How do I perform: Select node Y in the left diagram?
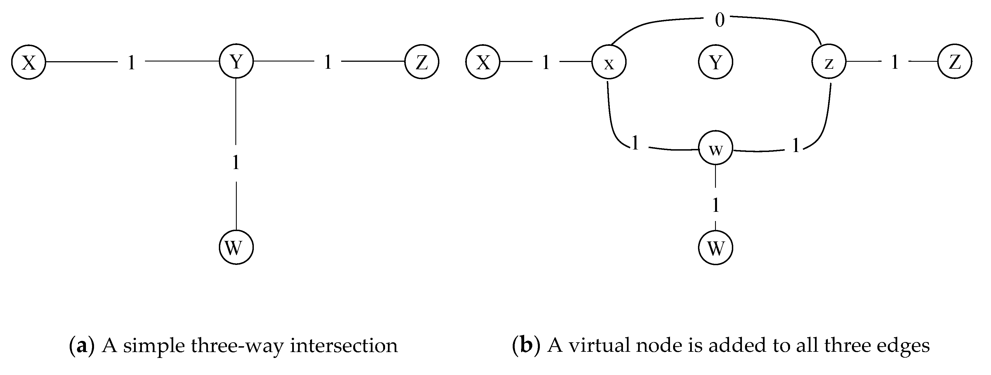point(236,61)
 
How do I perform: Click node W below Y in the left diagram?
point(236,248)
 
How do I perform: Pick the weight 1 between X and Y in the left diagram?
point(132,62)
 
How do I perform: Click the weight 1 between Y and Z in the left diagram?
point(328,62)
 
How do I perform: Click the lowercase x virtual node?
point(609,62)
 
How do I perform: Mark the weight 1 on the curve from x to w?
point(635,143)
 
